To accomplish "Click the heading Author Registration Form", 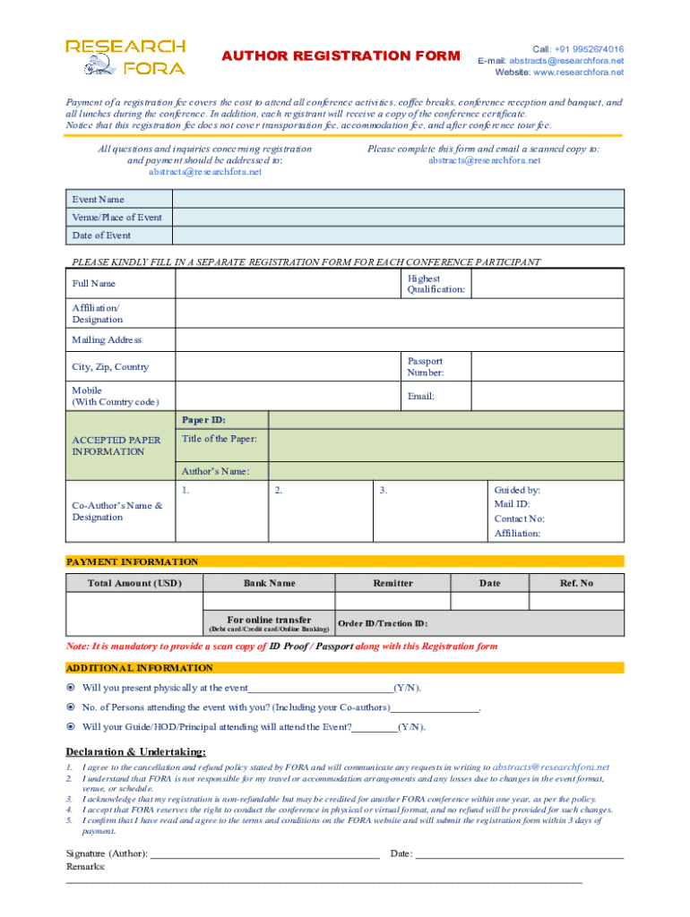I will click(x=341, y=56).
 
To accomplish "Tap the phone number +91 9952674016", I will click(x=589, y=49).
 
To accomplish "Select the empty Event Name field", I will click(x=399, y=199).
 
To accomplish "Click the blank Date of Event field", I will click(x=399, y=236).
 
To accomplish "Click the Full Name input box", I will click(x=287, y=284).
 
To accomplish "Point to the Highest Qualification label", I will click(x=436, y=284).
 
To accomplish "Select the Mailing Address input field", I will click(x=399, y=340).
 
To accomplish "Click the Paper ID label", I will click(x=204, y=420).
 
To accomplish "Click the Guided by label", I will click(x=517, y=490).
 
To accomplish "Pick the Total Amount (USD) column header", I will click(x=134, y=583).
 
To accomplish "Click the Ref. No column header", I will click(x=576, y=583).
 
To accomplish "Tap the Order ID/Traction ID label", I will click(x=383, y=623).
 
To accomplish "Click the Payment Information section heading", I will click(x=133, y=561).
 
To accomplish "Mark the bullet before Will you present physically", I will click(x=72, y=688).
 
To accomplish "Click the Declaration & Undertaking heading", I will click(x=136, y=751).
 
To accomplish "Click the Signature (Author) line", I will click(x=265, y=853).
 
